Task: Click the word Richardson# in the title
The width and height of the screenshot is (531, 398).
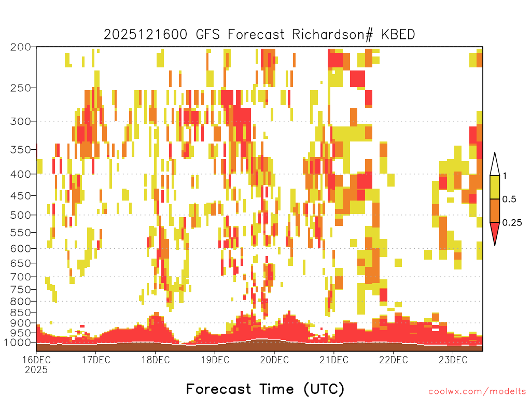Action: (332, 35)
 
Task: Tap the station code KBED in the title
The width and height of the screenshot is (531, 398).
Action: (398, 35)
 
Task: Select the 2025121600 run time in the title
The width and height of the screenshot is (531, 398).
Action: (145, 35)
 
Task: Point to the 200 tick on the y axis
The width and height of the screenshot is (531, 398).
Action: (21, 47)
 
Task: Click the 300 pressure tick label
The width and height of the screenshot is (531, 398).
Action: (21, 121)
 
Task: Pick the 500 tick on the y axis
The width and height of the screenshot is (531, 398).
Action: (21, 215)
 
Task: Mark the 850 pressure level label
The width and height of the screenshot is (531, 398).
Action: (21, 312)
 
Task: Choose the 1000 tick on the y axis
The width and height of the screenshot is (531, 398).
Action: (18, 343)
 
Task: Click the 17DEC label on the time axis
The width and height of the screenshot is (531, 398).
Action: (96, 360)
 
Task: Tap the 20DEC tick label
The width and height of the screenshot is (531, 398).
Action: (274, 360)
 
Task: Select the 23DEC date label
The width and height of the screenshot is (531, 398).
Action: (453, 360)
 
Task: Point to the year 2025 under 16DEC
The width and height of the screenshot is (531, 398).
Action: (36, 370)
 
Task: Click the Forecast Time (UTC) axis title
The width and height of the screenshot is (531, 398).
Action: (265, 389)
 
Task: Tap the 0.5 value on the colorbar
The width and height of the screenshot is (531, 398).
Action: (509, 199)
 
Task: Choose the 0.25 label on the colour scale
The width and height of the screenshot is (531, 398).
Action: (512, 222)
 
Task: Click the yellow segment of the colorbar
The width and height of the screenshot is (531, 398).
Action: (495, 187)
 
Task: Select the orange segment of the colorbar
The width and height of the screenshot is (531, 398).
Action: (495, 210)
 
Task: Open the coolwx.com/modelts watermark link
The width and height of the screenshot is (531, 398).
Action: (477, 392)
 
